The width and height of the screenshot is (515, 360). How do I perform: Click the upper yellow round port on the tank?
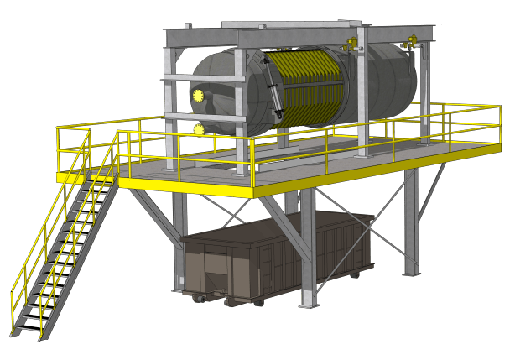pyautogui.click(x=199, y=95)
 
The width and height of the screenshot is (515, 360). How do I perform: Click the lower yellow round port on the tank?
pyautogui.click(x=200, y=129)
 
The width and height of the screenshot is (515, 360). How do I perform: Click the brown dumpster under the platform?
pyautogui.click(x=277, y=252)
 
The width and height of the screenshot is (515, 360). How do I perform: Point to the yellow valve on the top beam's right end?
pyautogui.click(x=412, y=40)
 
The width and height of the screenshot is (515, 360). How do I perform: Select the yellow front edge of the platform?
pyautogui.click(x=185, y=187)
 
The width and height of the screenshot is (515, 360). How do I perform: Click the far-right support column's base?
pyautogui.click(x=411, y=272)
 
